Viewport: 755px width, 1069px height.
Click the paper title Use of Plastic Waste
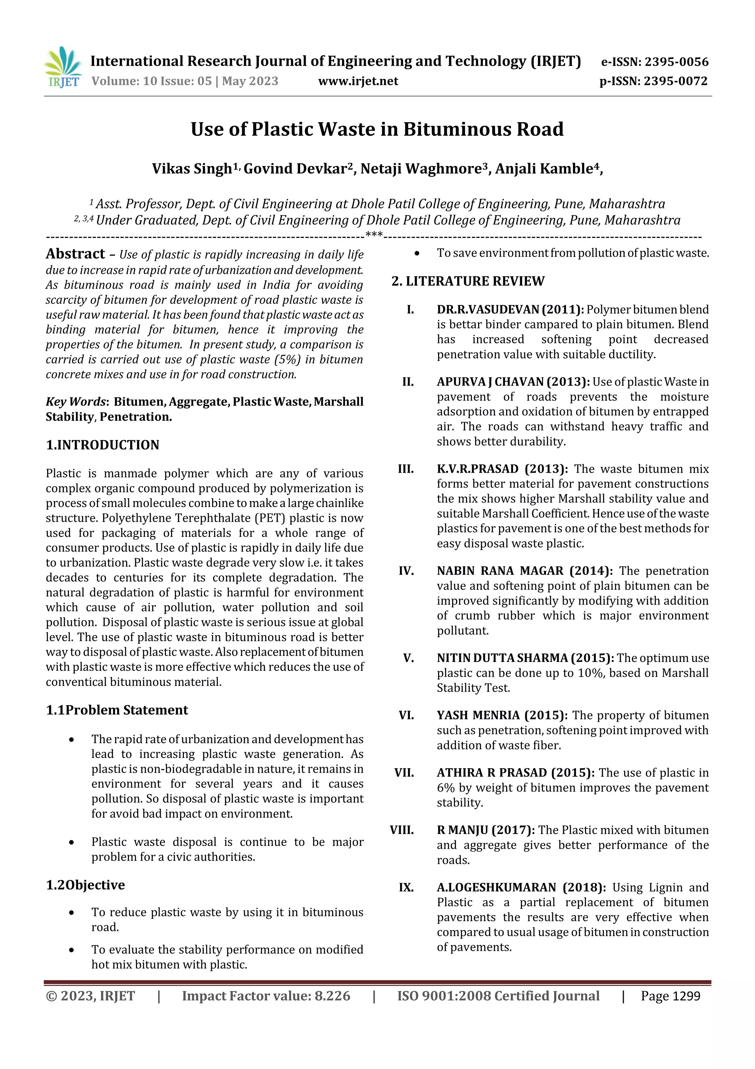tap(377, 130)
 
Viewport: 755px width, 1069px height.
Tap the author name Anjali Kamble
tap(547, 169)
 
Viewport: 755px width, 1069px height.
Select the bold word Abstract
tap(75, 254)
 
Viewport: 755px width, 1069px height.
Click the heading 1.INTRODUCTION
tap(102, 445)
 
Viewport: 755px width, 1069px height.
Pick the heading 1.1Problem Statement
tap(117, 710)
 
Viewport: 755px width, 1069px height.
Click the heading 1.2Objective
tap(85, 885)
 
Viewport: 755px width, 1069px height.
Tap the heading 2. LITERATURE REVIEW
tap(467, 281)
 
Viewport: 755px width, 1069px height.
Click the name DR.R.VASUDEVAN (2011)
tap(510, 310)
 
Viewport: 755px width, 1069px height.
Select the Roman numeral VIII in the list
tap(401, 830)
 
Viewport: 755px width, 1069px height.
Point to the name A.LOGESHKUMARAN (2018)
tap(521, 887)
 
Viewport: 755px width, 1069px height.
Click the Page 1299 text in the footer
tap(670, 996)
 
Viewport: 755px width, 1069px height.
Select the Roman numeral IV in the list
tap(406, 571)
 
